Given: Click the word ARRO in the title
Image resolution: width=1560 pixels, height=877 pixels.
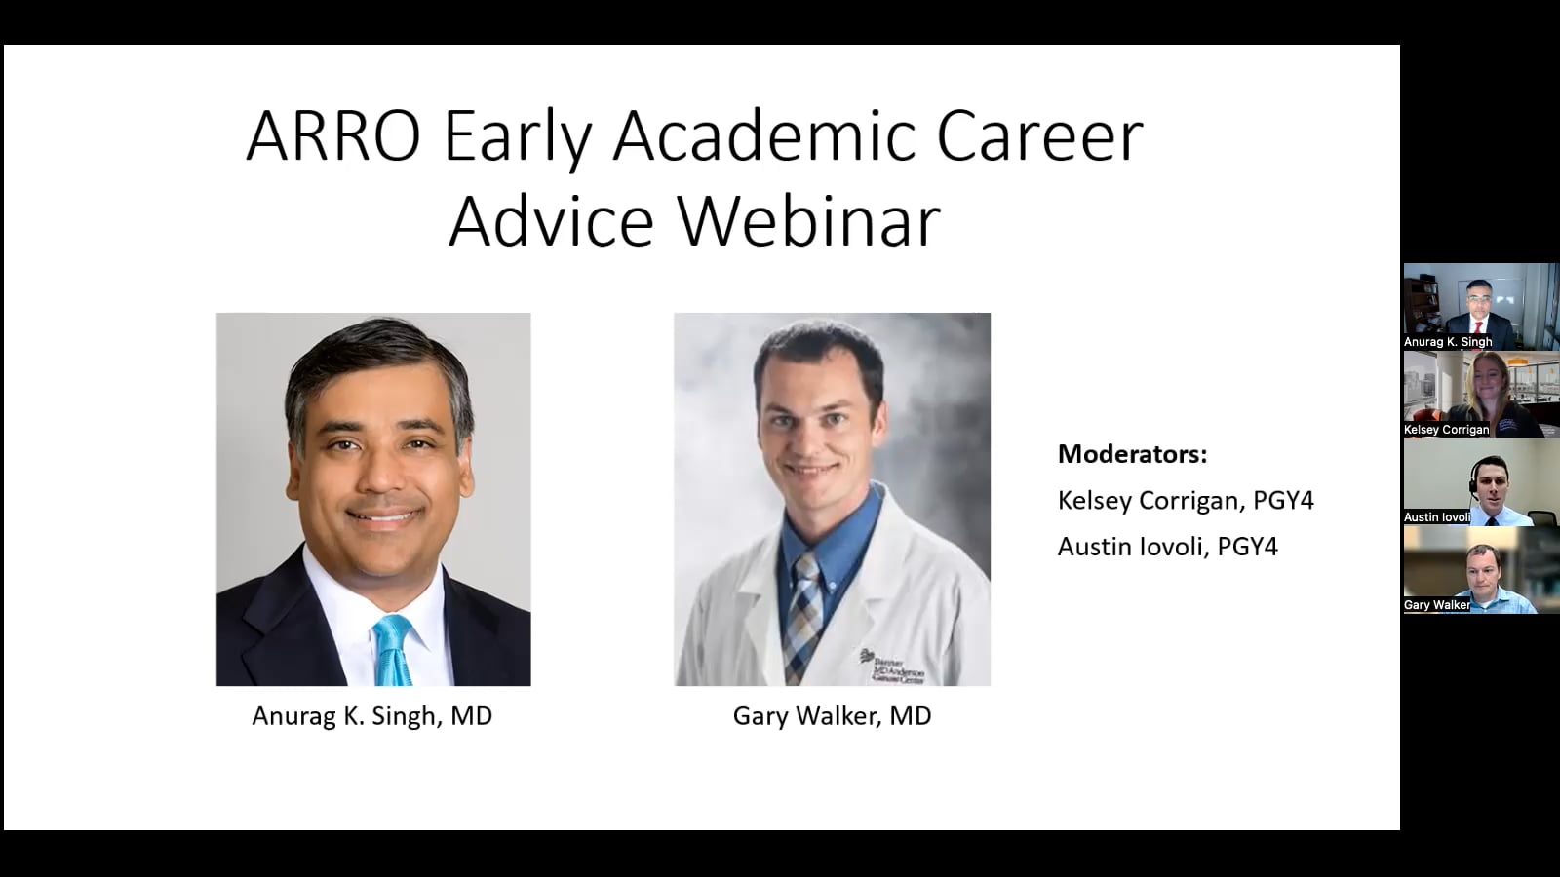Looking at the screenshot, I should tap(333, 135).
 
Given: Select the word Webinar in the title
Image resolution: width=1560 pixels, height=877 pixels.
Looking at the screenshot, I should tap(808, 221).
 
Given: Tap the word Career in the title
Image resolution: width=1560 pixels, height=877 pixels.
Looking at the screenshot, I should tap(1039, 135).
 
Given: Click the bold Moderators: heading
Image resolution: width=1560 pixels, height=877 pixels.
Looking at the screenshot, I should tap(1132, 454).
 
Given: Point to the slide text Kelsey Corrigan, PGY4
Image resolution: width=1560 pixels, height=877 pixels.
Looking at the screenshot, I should tap(1186, 501).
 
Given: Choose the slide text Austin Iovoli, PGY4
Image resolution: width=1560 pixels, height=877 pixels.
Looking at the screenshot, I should tap(1167, 547).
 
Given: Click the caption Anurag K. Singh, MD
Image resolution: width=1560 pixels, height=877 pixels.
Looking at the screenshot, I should tap(372, 716).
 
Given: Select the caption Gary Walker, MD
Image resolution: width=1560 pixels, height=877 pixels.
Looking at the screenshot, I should tap(832, 716).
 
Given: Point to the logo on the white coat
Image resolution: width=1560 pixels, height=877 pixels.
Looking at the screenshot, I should tap(891, 667).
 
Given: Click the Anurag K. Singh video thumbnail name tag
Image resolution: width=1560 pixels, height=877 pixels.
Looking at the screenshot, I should tap(1448, 342).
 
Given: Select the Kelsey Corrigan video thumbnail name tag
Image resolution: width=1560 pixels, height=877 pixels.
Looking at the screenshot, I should tap(1446, 430).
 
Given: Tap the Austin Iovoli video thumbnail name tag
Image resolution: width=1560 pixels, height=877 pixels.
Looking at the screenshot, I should tap(1436, 517).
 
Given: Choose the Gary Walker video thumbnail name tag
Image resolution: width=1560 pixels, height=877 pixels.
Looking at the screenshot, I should tap(1437, 605).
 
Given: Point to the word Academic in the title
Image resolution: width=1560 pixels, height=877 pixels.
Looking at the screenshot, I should tap(764, 135).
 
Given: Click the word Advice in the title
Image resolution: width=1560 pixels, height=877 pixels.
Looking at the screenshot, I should tap(551, 221).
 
